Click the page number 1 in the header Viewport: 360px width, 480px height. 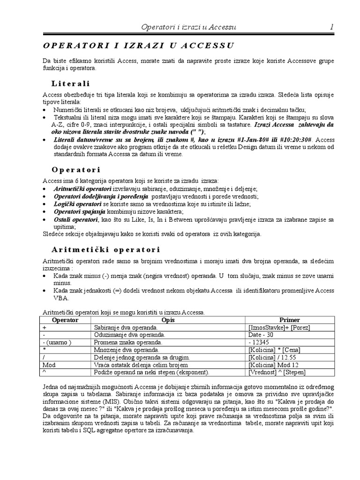click(x=332, y=27)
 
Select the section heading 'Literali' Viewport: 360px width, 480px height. click(x=70, y=83)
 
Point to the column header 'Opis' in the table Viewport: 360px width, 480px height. click(x=167, y=320)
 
